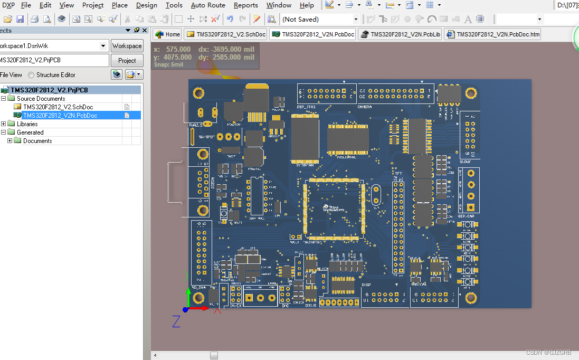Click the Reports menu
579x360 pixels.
pyautogui.click(x=245, y=5)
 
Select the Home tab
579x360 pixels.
pyautogui.click(x=168, y=34)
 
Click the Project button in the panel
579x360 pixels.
pyautogui.click(x=127, y=61)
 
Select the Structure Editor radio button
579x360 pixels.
pyautogui.click(x=32, y=75)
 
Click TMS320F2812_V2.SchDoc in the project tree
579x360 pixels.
pyautogui.click(x=58, y=107)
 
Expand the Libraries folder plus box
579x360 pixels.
pyautogui.click(x=4, y=124)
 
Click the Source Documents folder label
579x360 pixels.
pyautogui.click(x=41, y=99)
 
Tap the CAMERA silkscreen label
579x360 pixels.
pyautogui.click(x=365, y=107)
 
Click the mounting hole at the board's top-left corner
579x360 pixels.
pyautogui.click(x=198, y=93)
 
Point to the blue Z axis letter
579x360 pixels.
pyautogui.click(x=176, y=321)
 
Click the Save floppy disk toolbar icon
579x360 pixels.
pyautogui.click(x=20, y=20)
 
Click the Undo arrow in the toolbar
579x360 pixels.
pyautogui.click(x=230, y=20)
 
